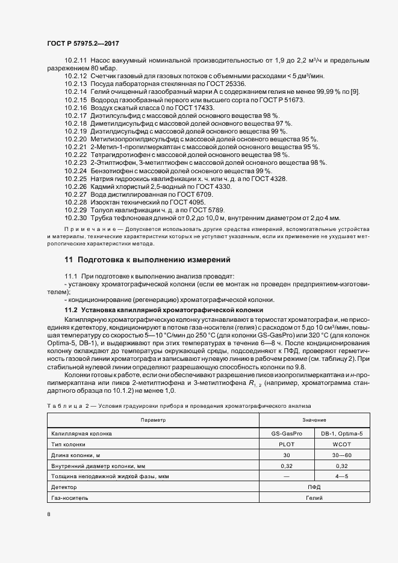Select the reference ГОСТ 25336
click(225, 84)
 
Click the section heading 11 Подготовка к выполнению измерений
click(147, 260)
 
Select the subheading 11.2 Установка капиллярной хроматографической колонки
click(164, 309)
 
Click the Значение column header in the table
click(314, 420)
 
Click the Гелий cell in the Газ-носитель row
click(314, 497)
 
